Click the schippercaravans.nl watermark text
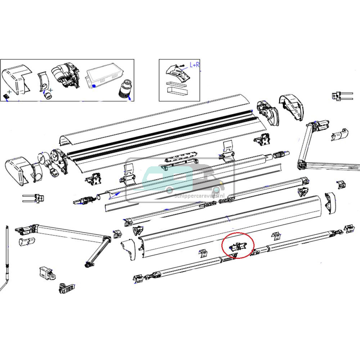click(x=199, y=196)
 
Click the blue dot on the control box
click(x=94, y=86)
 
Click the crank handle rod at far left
click(x=7, y=259)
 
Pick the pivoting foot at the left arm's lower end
click(x=87, y=266)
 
